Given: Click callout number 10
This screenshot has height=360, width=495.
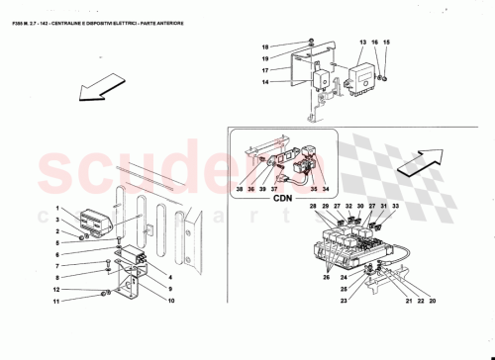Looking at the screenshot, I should point(171,300).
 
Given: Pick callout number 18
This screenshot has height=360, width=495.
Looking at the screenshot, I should point(265,47).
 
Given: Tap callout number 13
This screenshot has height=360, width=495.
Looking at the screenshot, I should point(362,43).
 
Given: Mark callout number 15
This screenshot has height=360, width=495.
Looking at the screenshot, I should point(387,43).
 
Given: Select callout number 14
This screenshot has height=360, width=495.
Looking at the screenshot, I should point(265,82).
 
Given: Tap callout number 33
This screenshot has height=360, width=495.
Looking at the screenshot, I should point(395,206).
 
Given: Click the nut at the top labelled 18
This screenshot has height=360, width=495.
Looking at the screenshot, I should point(311,43).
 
